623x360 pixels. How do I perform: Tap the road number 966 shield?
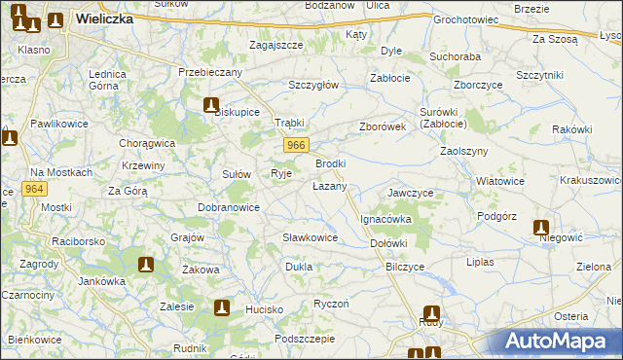(x=298, y=145)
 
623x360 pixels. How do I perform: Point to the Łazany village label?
(x=329, y=185)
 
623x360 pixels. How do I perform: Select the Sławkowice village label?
(x=310, y=237)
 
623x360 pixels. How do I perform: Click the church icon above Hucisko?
(x=222, y=308)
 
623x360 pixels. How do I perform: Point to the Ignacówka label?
(x=386, y=220)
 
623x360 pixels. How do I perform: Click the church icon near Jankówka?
(x=146, y=264)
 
